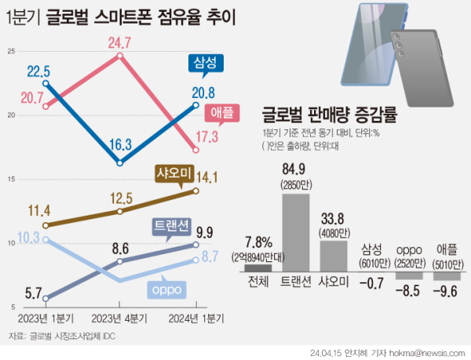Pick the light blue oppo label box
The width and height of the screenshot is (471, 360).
[x=166, y=290]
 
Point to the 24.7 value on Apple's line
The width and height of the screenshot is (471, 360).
[x=119, y=42]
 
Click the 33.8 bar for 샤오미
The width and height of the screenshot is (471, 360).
[x=334, y=256]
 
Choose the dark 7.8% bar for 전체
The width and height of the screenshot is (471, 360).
[x=257, y=267]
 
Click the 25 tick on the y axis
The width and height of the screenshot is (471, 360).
[x=11, y=52]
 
